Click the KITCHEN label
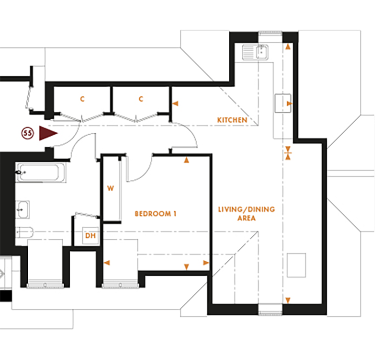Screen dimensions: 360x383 click(232, 119)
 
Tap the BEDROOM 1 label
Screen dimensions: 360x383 click(156, 213)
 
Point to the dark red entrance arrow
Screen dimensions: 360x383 click(48, 134)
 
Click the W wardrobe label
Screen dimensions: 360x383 click(110, 188)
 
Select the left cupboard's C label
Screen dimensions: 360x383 click(82, 99)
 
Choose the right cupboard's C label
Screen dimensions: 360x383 click(141, 99)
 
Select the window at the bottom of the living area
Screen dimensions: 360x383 click(271, 314)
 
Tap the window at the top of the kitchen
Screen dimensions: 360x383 click(271, 34)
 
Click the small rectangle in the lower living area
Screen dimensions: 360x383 click(297, 265)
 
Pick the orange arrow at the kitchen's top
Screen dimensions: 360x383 click(288, 47)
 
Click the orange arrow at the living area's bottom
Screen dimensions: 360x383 click(288, 300)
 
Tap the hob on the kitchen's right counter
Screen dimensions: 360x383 click(283, 103)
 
